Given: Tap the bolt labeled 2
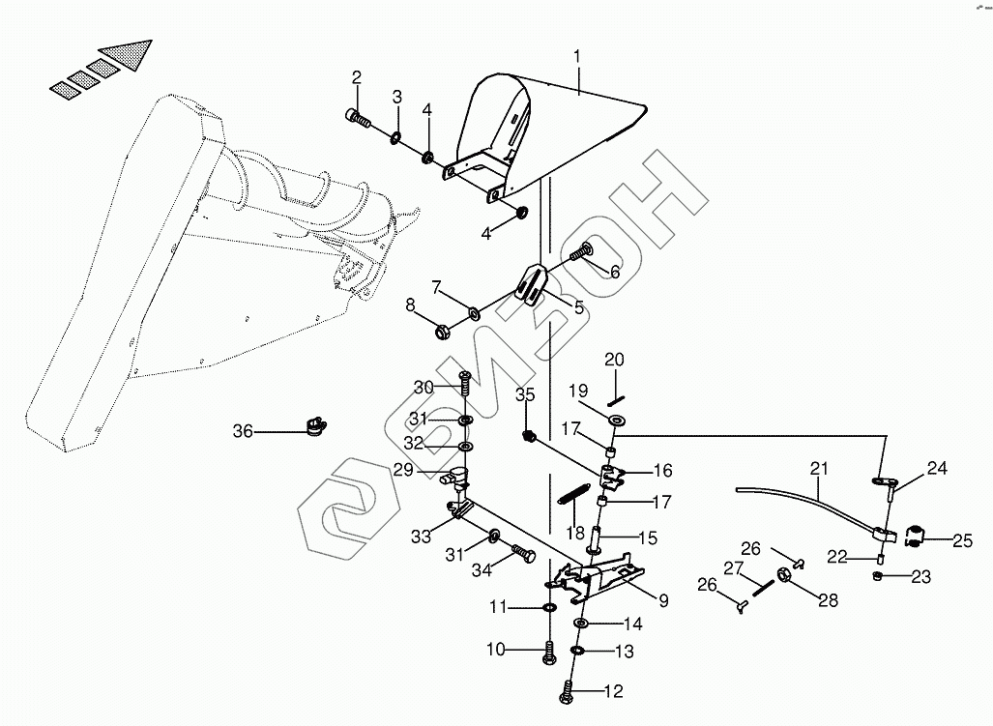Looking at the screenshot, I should (359, 120).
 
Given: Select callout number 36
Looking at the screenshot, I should (242, 431).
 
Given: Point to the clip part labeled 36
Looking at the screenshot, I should (313, 425).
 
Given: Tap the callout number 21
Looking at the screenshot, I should (819, 470).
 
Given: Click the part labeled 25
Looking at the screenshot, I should (915, 534).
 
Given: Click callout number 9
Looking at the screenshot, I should (663, 601).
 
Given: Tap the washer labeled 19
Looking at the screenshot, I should (615, 420).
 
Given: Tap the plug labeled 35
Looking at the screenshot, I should (529, 436).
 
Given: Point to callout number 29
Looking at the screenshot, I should (403, 469).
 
